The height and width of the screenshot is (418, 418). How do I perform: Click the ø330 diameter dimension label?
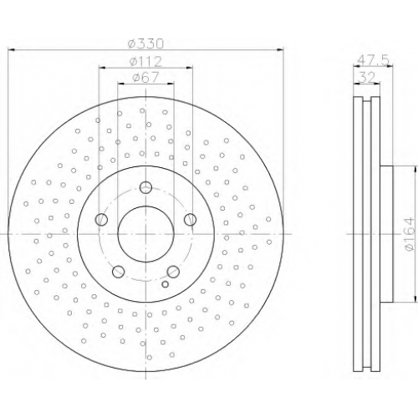145,43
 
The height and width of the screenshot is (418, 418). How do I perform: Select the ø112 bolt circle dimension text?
145,62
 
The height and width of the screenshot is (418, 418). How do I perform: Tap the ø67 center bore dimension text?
145,77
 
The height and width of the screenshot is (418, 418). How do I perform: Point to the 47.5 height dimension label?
373,60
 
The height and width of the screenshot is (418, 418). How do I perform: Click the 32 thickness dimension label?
366,77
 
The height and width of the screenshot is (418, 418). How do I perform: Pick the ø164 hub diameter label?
410,234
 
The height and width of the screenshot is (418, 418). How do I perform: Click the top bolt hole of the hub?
145,187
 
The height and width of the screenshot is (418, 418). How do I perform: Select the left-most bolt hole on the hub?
101,220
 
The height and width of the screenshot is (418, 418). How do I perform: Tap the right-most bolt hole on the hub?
191,220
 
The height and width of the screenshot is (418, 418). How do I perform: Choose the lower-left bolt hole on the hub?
118,272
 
